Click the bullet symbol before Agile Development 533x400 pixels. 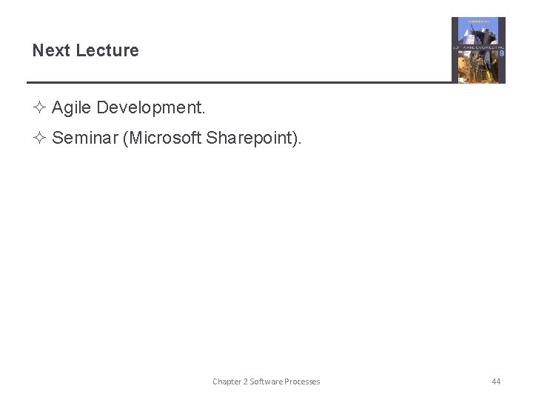pyautogui.click(x=40, y=108)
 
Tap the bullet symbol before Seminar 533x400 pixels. pyautogui.click(x=40, y=138)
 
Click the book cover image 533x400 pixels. pyautogui.click(x=478, y=50)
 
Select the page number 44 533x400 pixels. pyautogui.click(x=496, y=381)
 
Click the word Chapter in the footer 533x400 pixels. pyautogui.click(x=227, y=381)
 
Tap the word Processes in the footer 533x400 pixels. pyautogui.click(x=302, y=381)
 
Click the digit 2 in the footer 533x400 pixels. pyautogui.click(x=245, y=381)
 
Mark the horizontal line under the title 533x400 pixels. pyautogui.click(x=237, y=82)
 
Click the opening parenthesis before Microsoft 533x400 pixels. pyautogui.click(x=125, y=138)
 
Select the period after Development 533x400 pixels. pyautogui.click(x=203, y=108)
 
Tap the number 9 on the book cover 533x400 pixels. pyautogui.click(x=502, y=53)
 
